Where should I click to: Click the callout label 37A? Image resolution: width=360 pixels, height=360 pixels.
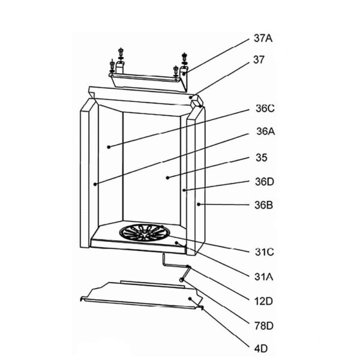pyautogui.click(x=263, y=38)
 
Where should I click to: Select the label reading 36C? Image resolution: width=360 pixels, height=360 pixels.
pyautogui.click(x=265, y=109)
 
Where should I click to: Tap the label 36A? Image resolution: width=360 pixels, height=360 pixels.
pyautogui.click(x=266, y=131)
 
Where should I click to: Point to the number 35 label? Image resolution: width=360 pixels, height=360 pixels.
pyautogui.click(x=262, y=158)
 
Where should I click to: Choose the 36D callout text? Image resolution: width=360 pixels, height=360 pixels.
pyautogui.click(x=265, y=182)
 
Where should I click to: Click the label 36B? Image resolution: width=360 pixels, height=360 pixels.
pyautogui.click(x=264, y=205)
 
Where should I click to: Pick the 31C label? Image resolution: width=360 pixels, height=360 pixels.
pyautogui.click(x=264, y=252)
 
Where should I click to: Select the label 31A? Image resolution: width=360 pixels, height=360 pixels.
pyautogui.click(x=264, y=277)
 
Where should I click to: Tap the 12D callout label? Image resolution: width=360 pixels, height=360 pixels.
pyautogui.click(x=263, y=301)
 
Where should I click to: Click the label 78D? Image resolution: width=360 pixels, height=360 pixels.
pyautogui.click(x=264, y=326)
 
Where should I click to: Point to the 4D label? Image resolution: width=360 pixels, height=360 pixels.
pyautogui.click(x=261, y=349)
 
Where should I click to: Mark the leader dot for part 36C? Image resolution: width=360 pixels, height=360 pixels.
pyautogui.click(x=109, y=147)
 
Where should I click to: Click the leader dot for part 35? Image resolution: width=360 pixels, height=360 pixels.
pyautogui.click(x=167, y=178)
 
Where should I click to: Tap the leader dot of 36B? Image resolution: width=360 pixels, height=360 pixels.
pyautogui.click(x=199, y=204)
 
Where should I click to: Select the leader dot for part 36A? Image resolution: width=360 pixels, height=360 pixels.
pyautogui.click(x=95, y=184)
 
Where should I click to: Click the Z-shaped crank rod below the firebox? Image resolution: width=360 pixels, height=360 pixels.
pyautogui.click(x=176, y=268)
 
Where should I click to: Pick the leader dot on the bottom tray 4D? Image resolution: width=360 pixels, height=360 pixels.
pyautogui.click(x=190, y=298)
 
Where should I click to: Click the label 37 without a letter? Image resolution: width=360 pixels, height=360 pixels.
pyautogui.click(x=259, y=59)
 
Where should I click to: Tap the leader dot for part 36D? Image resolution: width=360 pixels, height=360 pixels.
pyautogui.click(x=184, y=190)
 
